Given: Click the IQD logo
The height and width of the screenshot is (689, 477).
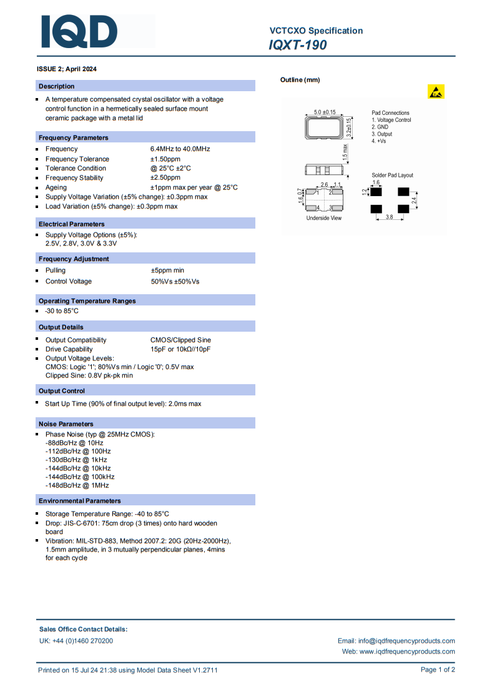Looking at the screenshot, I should (x=79, y=31).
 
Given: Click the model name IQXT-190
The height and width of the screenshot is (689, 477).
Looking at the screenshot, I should (x=298, y=45).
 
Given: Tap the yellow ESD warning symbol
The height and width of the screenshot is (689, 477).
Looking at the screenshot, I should (x=436, y=92).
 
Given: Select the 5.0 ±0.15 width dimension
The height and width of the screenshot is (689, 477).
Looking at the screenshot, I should (x=324, y=112).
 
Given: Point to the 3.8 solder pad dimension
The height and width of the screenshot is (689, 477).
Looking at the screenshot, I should (x=389, y=217).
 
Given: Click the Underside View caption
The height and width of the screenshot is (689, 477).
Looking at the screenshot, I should (x=323, y=218).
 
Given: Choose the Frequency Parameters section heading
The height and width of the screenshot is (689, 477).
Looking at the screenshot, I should (x=73, y=137).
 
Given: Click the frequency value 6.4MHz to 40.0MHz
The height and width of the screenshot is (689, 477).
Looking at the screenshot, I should (x=180, y=149).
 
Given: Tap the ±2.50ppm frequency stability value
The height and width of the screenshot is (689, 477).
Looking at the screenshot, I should (x=165, y=177).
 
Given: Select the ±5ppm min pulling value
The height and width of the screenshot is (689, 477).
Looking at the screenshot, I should (x=167, y=270).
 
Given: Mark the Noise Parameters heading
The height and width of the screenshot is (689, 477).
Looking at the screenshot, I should (x=66, y=424).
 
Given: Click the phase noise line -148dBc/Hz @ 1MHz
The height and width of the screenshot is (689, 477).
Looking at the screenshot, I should (x=77, y=485).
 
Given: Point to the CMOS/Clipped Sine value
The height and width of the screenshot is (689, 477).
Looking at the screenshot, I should (x=180, y=340).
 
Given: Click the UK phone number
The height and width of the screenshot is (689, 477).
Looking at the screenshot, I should (x=76, y=641).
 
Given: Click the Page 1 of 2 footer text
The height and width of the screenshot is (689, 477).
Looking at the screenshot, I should (x=437, y=670).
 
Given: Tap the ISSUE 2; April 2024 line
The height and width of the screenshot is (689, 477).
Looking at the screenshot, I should (x=67, y=69).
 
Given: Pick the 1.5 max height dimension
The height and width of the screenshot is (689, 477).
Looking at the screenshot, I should (x=345, y=151).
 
